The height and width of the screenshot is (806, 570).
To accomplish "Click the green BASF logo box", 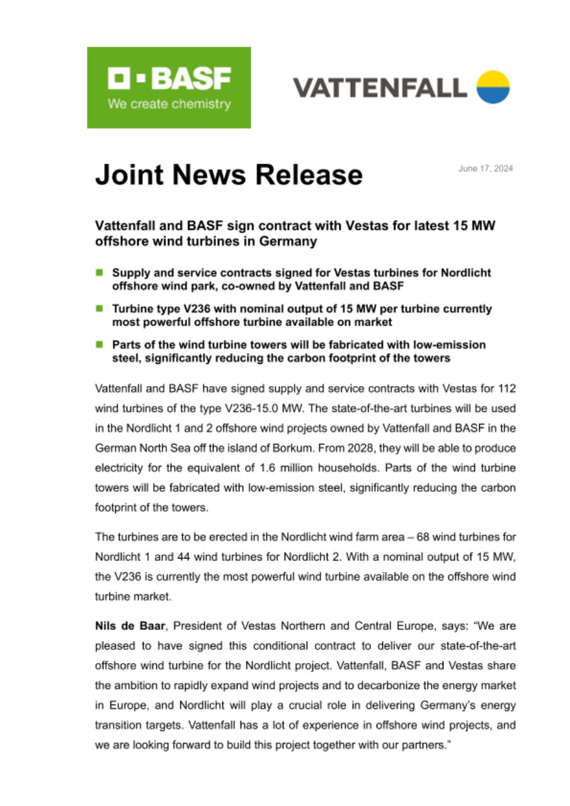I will coord(169,88).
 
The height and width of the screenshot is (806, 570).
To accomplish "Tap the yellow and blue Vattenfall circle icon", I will coord(493,87).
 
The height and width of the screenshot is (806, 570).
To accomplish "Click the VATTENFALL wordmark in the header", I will coord(380,88).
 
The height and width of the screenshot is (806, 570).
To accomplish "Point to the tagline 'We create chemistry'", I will coord(169,105).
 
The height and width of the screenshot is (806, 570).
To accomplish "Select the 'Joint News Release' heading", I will coord(229,174).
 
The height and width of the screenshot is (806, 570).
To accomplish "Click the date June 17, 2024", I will coord(486,169).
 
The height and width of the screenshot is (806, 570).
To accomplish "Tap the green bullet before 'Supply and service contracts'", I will coord(99,273).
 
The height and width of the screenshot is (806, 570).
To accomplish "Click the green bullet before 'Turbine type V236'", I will coord(99,309).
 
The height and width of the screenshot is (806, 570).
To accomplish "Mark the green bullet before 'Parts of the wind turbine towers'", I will coord(99,345).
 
